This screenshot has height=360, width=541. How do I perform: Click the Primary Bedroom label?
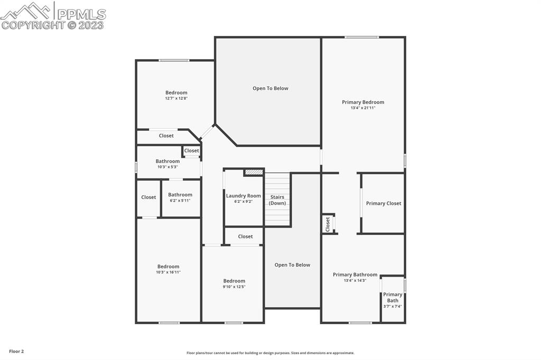(x=363, y=102)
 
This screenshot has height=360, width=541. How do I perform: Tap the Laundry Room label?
(x=244, y=196)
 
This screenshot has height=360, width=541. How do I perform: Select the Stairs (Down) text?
(x=277, y=200)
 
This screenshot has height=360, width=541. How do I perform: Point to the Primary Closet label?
(x=384, y=203)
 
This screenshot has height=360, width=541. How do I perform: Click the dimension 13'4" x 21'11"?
(x=363, y=108)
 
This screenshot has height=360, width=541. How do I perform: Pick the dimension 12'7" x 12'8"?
(x=176, y=98)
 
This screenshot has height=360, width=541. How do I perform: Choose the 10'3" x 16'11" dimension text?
(x=169, y=272)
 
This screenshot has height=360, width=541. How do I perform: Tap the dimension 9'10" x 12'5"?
(x=234, y=287)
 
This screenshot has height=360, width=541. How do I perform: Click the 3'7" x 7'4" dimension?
(x=393, y=306)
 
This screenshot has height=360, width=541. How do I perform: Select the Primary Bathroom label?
(x=355, y=274)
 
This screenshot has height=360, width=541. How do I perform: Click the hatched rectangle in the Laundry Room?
(x=254, y=172)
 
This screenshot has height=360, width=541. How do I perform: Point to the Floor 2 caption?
(x=16, y=351)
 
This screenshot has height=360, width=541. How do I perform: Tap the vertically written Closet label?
(x=328, y=224)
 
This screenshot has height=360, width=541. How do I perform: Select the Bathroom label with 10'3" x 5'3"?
(x=167, y=162)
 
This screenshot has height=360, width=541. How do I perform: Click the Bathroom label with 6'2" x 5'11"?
(x=180, y=195)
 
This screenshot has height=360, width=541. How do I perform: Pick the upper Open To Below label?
(x=270, y=88)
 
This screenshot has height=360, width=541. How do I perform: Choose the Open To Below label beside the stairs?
(x=292, y=265)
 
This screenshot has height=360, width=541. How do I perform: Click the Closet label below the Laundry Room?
(x=245, y=236)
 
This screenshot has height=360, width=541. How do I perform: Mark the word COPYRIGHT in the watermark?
(x=33, y=25)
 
